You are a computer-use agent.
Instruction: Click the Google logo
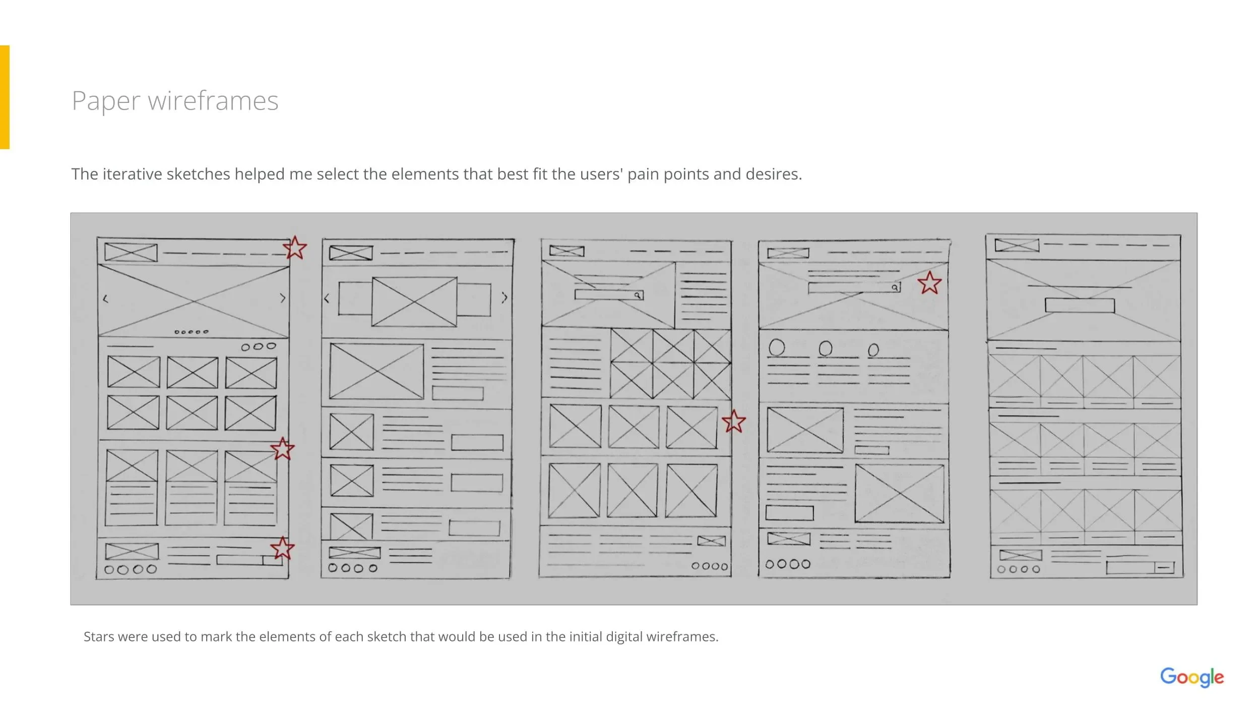(x=1191, y=677)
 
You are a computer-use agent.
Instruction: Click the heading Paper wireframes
(x=175, y=101)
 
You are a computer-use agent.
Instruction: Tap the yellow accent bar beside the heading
(x=5, y=97)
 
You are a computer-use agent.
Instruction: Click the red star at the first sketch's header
(x=295, y=248)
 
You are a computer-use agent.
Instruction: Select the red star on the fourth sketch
(x=929, y=283)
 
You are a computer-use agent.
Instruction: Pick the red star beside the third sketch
(x=733, y=422)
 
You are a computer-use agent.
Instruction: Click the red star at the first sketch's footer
(x=282, y=548)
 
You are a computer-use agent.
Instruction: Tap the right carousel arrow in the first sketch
(x=283, y=299)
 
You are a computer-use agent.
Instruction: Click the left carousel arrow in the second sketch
(x=327, y=299)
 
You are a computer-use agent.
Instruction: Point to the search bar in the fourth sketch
(x=854, y=287)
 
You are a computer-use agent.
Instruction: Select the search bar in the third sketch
(x=609, y=294)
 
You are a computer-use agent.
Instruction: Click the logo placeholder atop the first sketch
(x=131, y=252)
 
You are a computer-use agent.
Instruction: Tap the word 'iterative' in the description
(x=132, y=174)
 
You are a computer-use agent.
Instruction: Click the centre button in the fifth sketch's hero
(x=1080, y=306)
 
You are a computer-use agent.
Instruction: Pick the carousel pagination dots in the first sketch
(x=191, y=332)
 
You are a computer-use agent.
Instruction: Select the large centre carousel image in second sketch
(x=414, y=302)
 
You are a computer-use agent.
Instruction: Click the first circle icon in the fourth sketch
(x=777, y=347)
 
